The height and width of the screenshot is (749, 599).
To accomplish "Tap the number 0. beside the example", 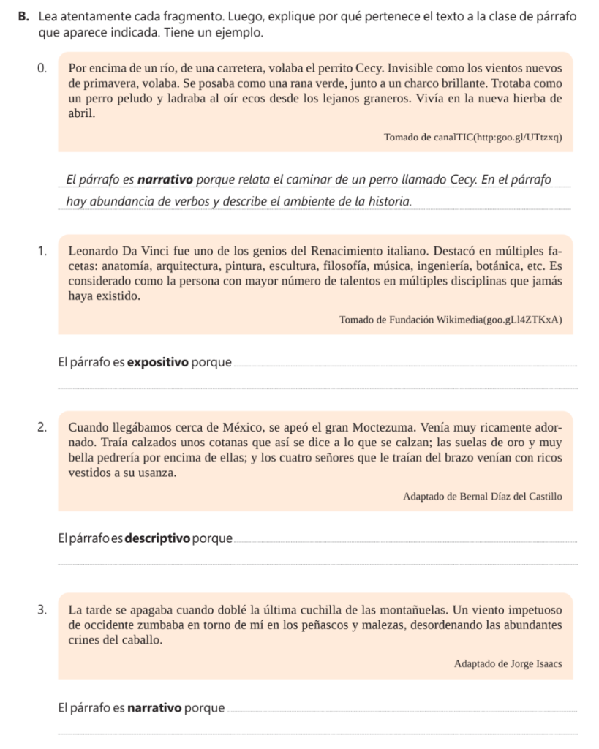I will click(43, 70).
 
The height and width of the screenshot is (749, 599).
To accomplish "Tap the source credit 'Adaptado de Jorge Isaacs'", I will click(507, 664).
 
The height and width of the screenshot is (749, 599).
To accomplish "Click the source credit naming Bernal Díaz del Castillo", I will click(482, 497).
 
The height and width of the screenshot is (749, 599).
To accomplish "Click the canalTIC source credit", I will click(472, 138).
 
